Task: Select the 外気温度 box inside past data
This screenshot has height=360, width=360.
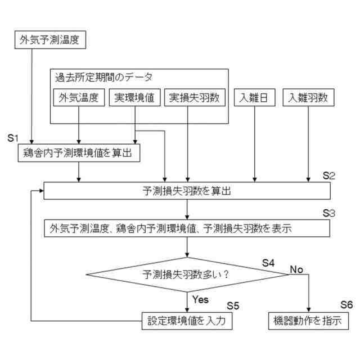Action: pyautogui.click(x=79, y=98)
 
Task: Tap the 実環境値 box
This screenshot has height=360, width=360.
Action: pyautogui.click(x=135, y=98)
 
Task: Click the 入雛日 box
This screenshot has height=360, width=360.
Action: pyautogui.click(x=255, y=98)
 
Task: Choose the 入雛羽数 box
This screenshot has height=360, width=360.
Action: pyautogui.click(x=309, y=98)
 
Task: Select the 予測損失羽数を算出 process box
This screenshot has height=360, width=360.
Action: pyautogui.click(x=187, y=191)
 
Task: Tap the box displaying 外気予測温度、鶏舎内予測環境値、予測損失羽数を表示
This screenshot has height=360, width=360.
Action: pyautogui.click(x=187, y=228)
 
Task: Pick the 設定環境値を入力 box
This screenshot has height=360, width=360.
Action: pyautogui.click(x=187, y=321)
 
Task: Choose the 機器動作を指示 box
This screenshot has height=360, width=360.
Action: pyautogui.click(x=309, y=321)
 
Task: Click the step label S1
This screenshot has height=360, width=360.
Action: pyautogui.click(x=13, y=138)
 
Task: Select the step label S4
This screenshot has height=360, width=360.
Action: pyautogui.click(x=268, y=262)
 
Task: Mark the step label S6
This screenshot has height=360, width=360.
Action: pyautogui.click(x=346, y=304)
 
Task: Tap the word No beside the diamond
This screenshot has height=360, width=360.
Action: pyautogui.click(x=296, y=269)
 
